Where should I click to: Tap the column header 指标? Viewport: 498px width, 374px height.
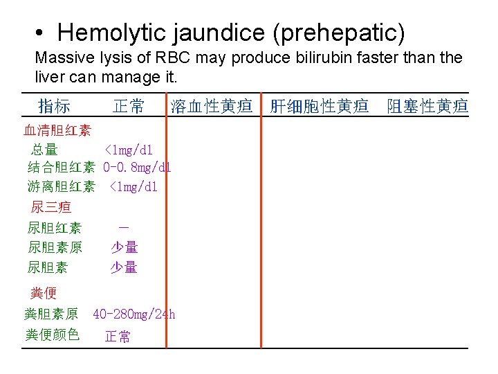tap(54, 106)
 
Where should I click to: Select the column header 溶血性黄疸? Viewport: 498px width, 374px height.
tap(213, 106)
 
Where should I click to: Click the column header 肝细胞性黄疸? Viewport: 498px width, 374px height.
tap(319, 106)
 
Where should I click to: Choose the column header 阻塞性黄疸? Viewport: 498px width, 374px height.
tap(427, 106)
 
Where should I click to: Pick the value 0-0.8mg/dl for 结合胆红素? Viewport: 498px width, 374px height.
tap(137, 167)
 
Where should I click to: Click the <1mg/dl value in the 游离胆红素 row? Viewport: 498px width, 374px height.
tap(133, 186)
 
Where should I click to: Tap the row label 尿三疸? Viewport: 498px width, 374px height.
tap(50, 206)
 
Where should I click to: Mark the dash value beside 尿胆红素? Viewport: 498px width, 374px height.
tap(123, 226)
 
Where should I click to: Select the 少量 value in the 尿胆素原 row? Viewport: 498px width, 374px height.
tap(124, 247)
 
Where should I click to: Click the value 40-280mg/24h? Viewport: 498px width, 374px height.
tap(134, 314)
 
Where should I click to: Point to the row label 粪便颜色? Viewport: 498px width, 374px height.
tap(53, 335)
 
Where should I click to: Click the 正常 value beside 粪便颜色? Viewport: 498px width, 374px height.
tap(118, 337)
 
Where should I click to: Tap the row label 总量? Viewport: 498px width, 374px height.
tap(44, 149)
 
